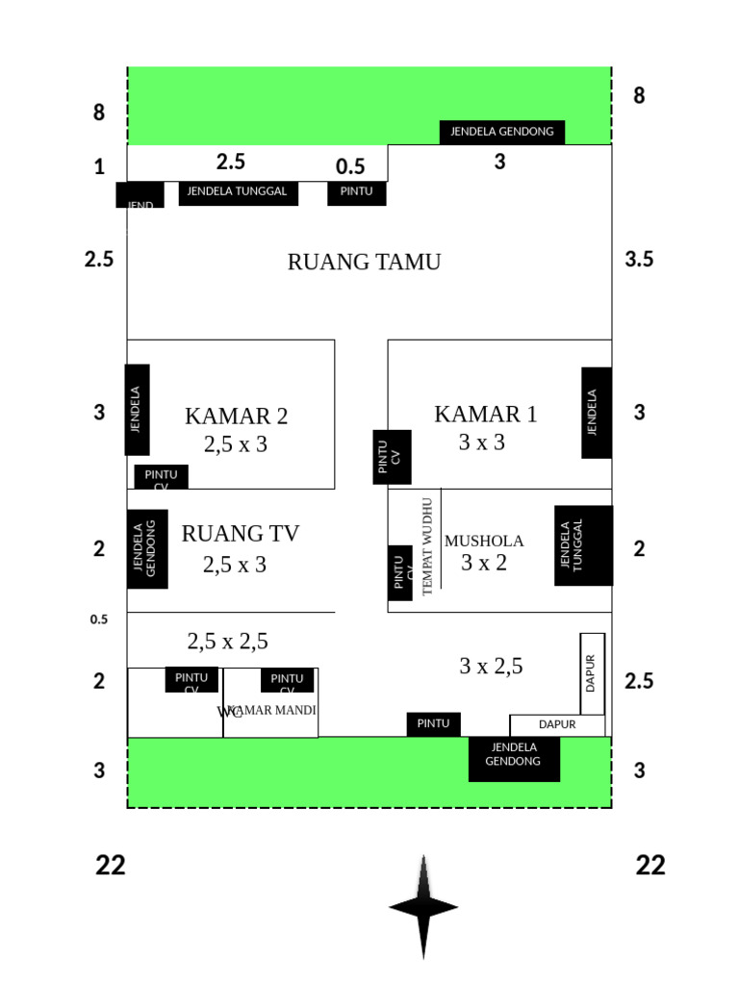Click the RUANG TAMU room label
364,262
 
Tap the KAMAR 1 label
486,415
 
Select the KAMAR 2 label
236,417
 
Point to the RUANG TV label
240,534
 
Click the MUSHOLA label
484,542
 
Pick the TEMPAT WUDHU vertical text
428,545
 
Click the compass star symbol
423,906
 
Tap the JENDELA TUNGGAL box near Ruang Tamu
238,192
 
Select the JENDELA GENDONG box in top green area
502,132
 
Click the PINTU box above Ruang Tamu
357,192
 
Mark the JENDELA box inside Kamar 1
596,413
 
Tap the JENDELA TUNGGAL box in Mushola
583,545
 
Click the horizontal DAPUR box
557,725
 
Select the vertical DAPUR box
592,673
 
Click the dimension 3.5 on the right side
638,259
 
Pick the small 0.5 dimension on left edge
99,619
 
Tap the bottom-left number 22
111,866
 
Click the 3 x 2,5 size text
491,666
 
